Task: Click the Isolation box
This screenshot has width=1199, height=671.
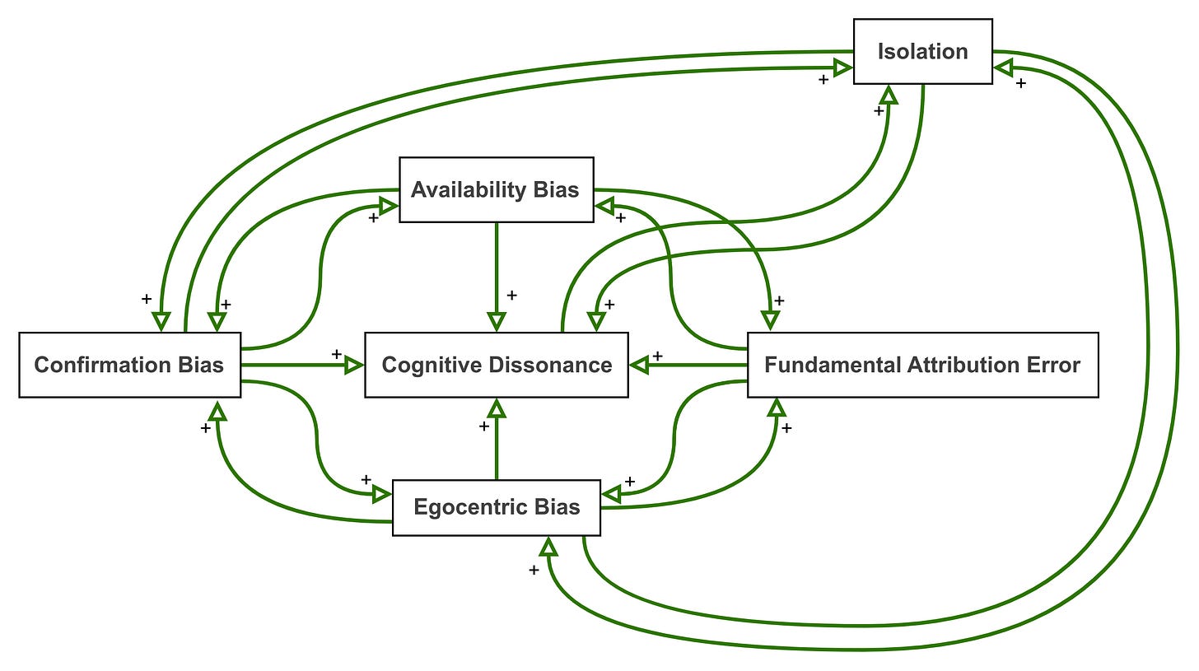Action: [x=923, y=51]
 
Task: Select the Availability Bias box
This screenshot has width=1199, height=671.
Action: [x=497, y=189]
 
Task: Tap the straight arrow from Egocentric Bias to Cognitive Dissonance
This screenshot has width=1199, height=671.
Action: [x=497, y=439]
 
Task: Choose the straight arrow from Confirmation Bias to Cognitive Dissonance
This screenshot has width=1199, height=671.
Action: [x=302, y=366]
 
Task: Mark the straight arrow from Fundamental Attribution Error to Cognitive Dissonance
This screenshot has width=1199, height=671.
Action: [x=688, y=366]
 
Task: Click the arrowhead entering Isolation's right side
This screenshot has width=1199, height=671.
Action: [x=1003, y=68]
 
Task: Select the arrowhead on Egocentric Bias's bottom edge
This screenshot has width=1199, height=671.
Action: [x=548, y=546]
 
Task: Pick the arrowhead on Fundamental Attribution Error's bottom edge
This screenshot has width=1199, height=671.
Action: [x=777, y=408]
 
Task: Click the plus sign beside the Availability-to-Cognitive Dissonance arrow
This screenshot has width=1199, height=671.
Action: [x=511, y=295]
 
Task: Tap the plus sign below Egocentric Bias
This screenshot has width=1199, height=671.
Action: [x=534, y=570]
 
